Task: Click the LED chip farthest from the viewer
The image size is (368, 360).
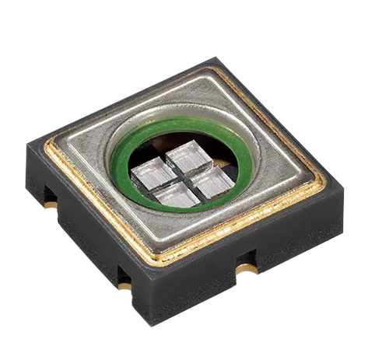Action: (187, 154)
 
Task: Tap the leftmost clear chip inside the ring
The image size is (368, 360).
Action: (154, 174)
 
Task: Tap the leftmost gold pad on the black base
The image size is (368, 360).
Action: (51, 204)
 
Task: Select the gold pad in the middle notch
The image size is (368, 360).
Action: (124, 285)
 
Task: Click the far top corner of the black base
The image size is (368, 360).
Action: (213, 58)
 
